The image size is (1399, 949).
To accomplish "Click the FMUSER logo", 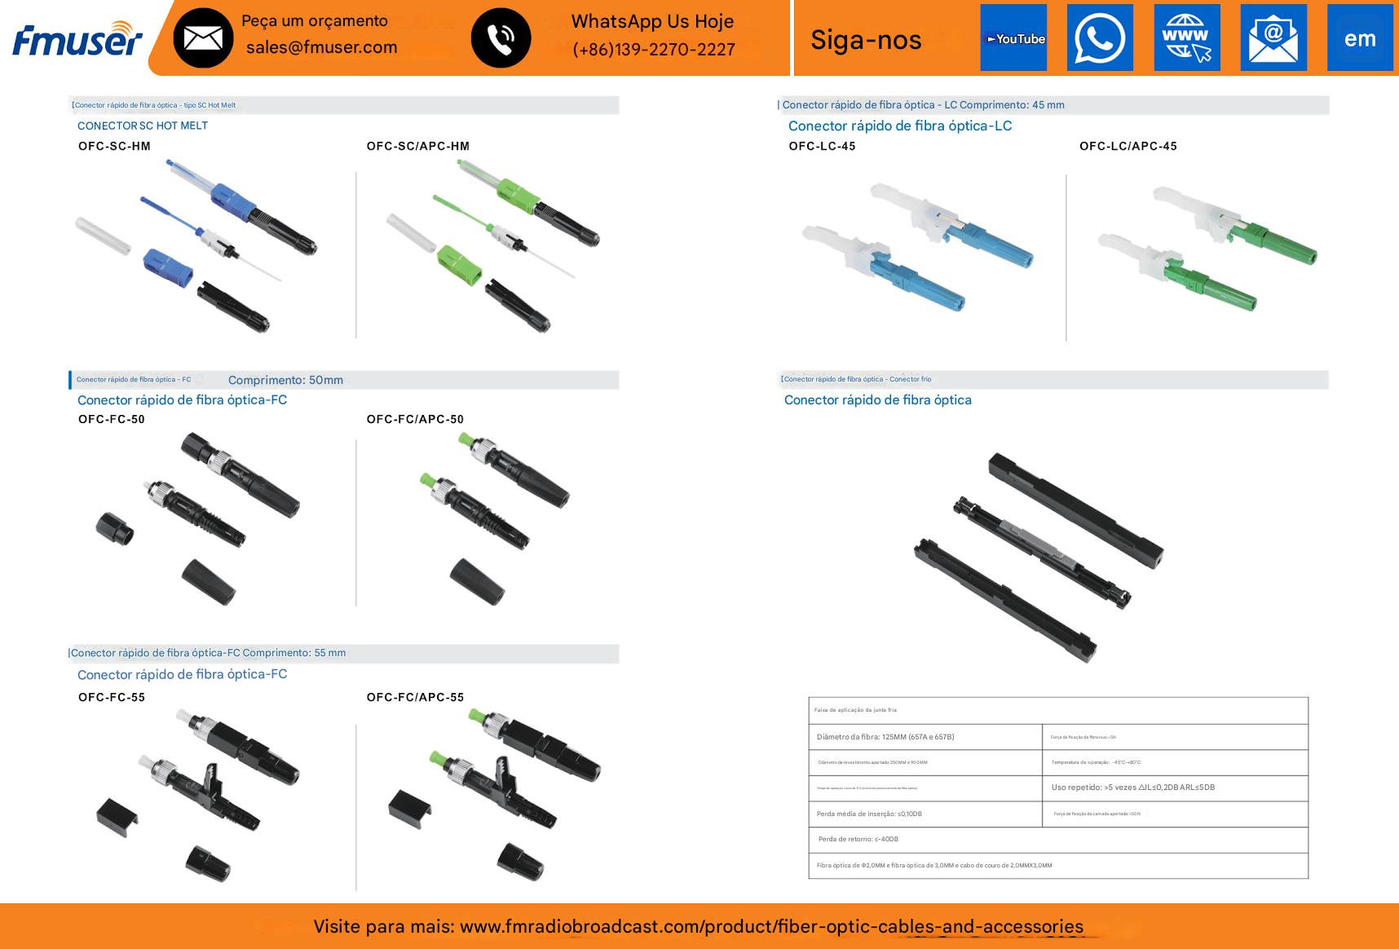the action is point(77,39).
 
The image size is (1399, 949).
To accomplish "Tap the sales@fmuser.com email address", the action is point(321,47).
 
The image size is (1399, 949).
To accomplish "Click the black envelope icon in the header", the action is point(203,38).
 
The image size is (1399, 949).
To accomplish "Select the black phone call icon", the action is point(501,38).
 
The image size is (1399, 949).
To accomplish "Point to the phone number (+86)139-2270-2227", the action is point(653,50).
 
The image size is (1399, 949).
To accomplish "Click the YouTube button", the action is point(1013,38).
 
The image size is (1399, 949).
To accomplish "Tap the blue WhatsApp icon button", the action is point(1100,38).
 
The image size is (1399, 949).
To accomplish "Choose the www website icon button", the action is point(1187,38).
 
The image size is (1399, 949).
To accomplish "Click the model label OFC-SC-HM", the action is point(114,147).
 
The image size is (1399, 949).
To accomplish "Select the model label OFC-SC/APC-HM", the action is point(417,147).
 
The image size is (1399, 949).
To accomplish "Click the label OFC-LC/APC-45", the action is point(1128,147).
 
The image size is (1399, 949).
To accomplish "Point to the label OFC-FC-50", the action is point(112,420).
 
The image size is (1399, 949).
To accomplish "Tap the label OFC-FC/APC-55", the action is point(415,698).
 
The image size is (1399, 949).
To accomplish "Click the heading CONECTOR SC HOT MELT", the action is point(143,126).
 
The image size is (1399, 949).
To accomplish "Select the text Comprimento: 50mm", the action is point(285,381).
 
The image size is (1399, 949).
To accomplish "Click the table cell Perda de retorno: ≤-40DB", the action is point(858,840).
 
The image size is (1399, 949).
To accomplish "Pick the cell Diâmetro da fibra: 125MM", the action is point(885,737).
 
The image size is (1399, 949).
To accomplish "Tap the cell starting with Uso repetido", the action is point(1132,788).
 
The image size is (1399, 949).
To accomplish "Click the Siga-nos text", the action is point(866,40).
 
